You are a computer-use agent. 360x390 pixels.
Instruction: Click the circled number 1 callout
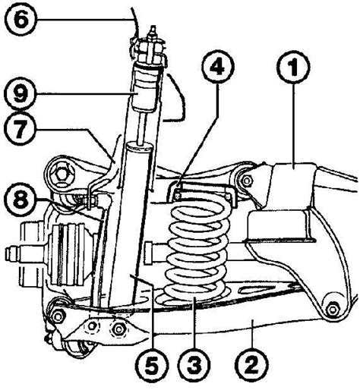click(293, 67)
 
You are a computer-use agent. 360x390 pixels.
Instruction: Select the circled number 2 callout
click(251, 364)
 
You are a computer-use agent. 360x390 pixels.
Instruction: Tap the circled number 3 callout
click(194, 365)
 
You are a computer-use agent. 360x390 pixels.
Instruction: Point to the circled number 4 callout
click(218, 67)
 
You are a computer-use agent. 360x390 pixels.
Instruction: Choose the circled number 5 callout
click(151, 365)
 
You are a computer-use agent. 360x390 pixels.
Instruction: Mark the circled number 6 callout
click(21, 20)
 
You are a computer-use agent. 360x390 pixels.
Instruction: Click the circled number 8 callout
click(20, 199)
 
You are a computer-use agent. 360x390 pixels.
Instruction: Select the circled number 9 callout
click(20, 93)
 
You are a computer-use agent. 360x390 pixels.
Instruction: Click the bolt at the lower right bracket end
click(332, 309)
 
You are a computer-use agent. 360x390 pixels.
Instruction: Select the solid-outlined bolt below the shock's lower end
click(118, 329)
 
